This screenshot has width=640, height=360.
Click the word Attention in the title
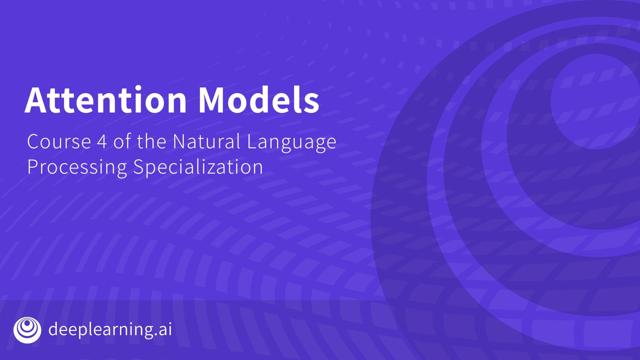point(106,100)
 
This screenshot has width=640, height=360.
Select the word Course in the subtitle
point(59,142)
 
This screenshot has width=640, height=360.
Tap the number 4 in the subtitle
point(102,142)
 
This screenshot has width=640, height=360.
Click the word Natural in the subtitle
point(206,142)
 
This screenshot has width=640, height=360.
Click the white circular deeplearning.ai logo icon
point(27,330)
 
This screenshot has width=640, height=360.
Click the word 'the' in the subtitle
point(152,142)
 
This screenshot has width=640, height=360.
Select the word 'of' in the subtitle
point(122,142)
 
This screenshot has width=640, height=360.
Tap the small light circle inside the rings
point(595,102)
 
